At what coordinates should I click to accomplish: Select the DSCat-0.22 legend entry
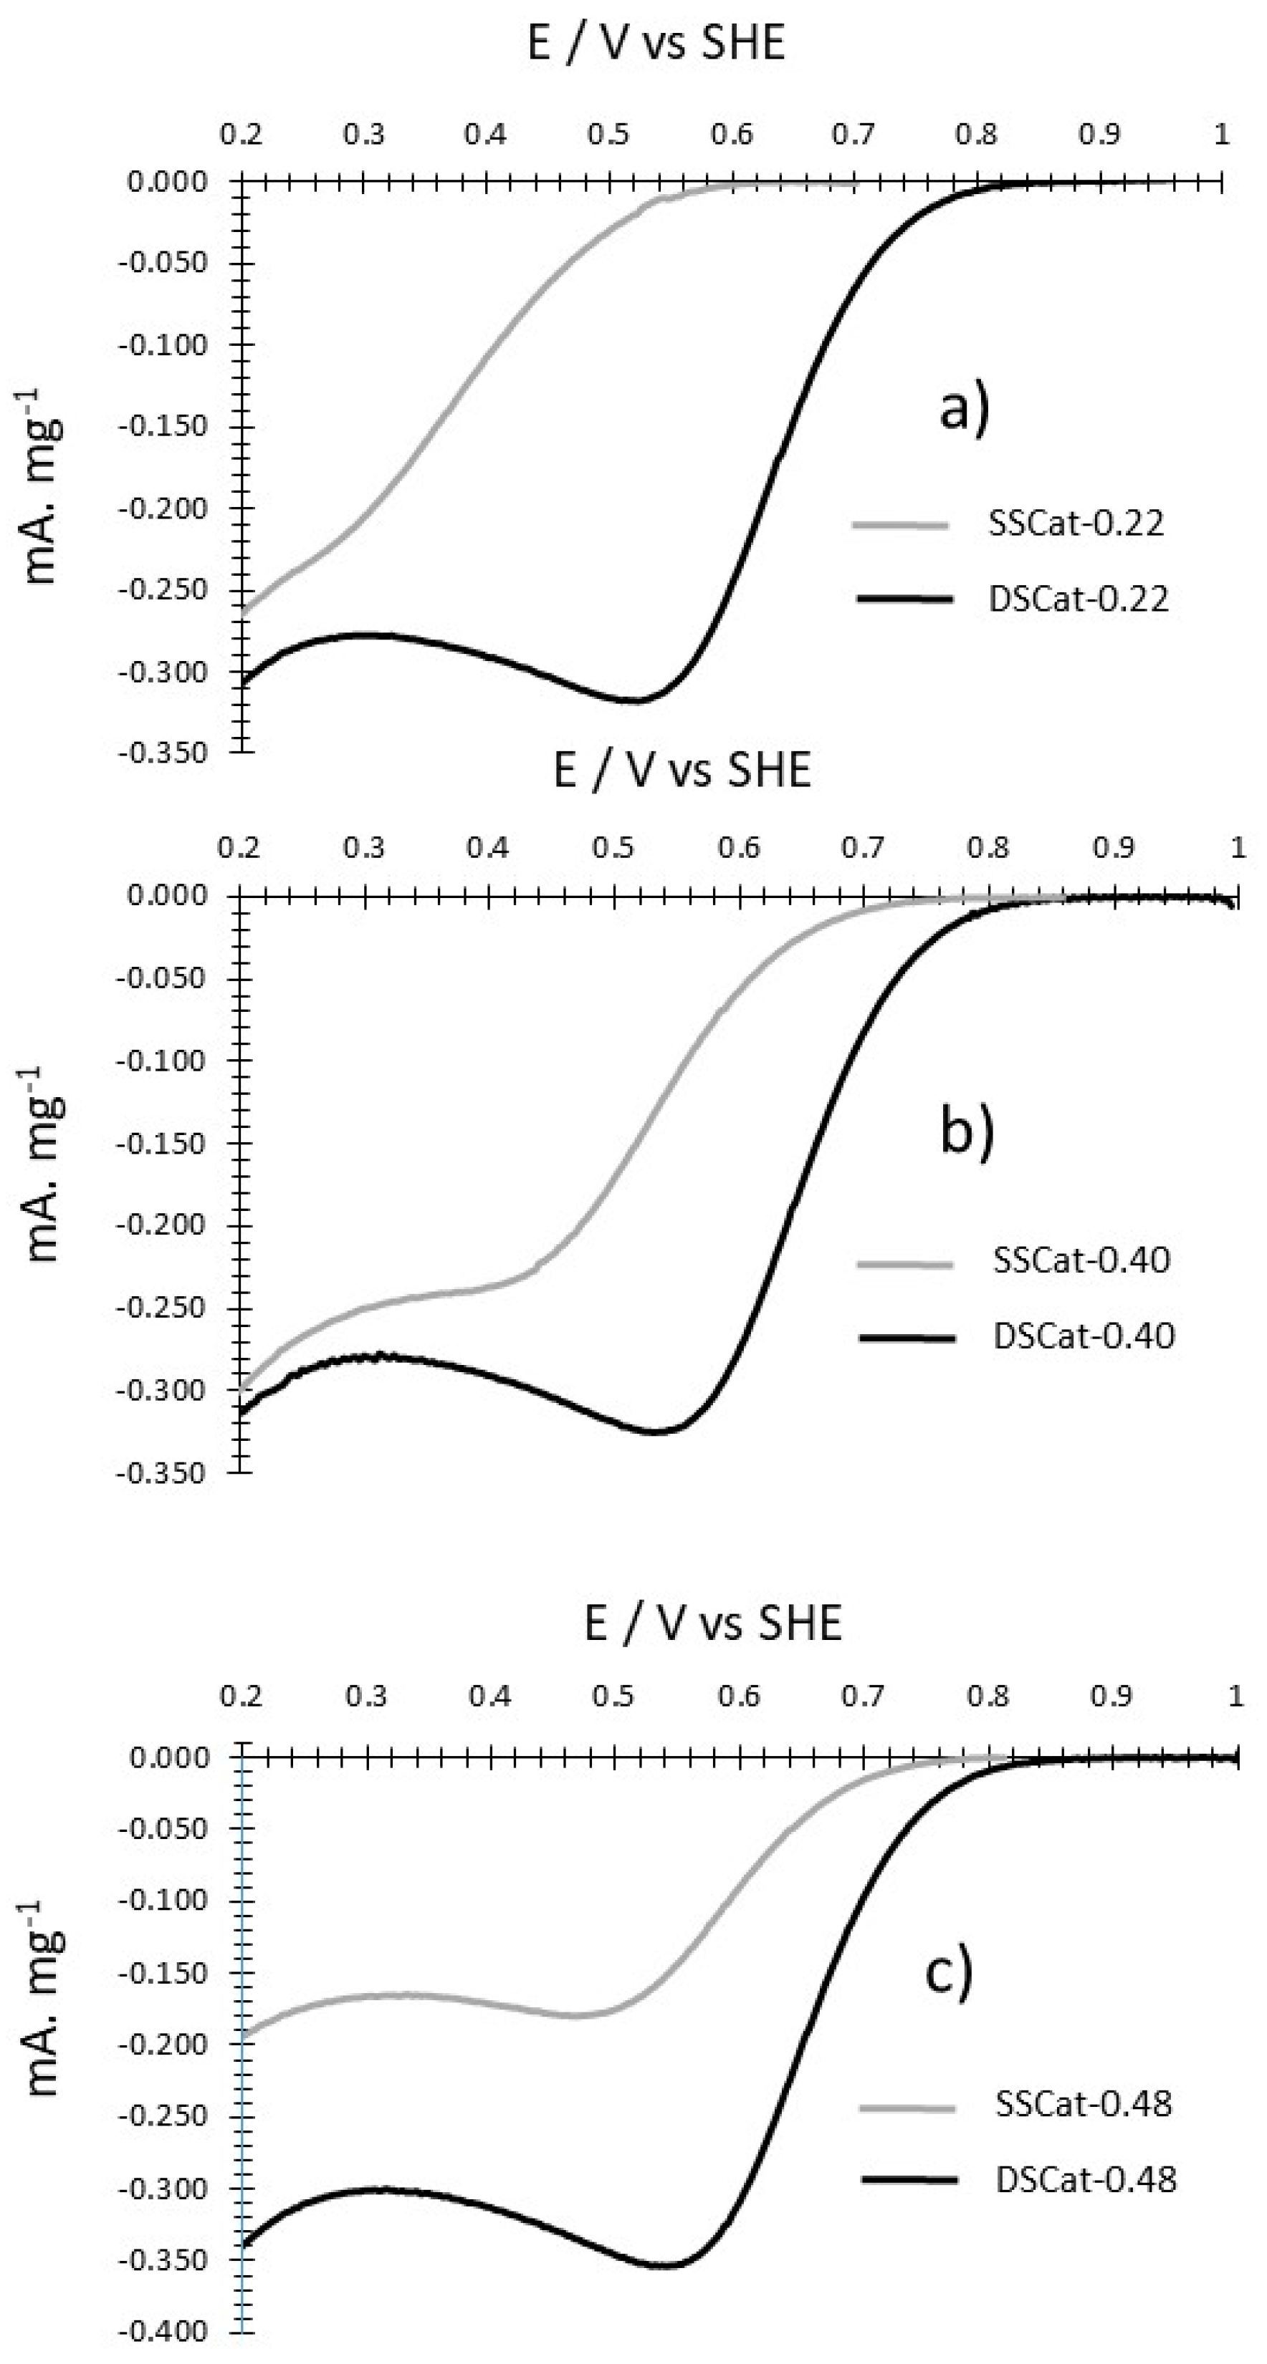(x=1078, y=599)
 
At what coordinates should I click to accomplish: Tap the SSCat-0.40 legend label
(x=1081, y=1259)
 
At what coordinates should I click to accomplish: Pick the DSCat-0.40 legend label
(x=1084, y=1336)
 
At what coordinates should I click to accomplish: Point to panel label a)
(x=964, y=410)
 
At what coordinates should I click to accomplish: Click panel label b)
(x=967, y=1134)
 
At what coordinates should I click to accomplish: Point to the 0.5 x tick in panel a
(x=608, y=135)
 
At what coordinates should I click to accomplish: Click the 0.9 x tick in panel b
(x=1113, y=847)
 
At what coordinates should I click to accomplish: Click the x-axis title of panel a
(x=656, y=42)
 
